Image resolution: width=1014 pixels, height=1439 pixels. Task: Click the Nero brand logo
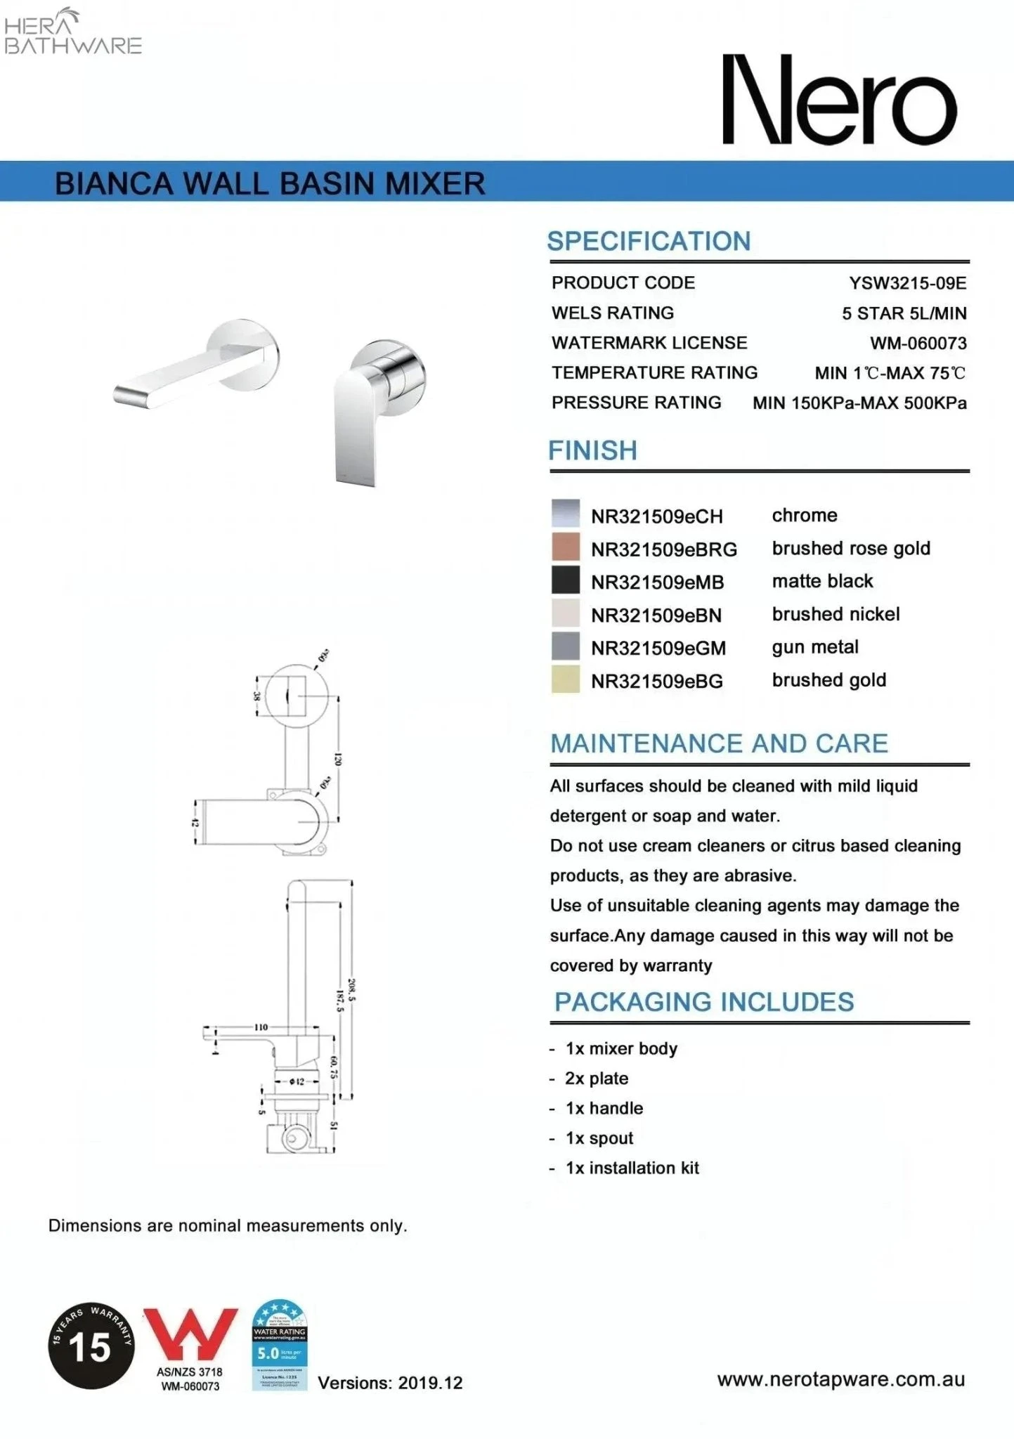[840, 100]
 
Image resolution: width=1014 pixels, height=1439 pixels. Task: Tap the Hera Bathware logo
[72, 32]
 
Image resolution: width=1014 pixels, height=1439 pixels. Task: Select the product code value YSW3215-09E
[907, 283]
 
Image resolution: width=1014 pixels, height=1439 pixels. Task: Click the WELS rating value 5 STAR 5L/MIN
[904, 313]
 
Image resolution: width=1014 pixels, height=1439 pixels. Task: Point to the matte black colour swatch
[566, 580]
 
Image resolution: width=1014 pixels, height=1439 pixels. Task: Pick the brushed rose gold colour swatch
[566, 547]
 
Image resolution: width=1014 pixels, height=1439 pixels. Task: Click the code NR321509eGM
[658, 648]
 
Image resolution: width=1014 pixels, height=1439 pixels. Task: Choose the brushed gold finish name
[828, 680]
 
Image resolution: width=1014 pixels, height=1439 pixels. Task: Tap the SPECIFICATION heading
[649, 241]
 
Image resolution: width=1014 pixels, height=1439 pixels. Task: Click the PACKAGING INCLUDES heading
[703, 1002]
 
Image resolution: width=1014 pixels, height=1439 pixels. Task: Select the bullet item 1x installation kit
[632, 1168]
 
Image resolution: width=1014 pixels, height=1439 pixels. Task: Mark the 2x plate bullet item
[597, 1079]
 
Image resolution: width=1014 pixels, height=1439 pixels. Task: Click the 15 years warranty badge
[91, 1345]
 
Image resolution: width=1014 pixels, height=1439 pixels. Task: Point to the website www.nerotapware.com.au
[840, 1379]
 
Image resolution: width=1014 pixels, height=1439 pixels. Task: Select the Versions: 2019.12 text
[390, 1383]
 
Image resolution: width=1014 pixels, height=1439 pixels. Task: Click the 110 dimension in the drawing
[261, 1027]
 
